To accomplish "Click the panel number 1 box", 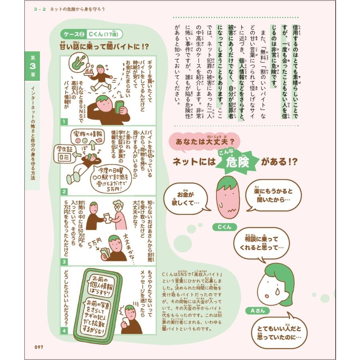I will pos(64,121).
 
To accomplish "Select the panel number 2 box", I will pos(64,192).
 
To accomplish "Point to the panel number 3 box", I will pos(64,262).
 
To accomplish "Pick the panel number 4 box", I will pos(64,331).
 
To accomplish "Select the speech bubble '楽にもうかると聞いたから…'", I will pos(273,194).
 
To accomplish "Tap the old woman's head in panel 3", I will pos(118,208).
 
